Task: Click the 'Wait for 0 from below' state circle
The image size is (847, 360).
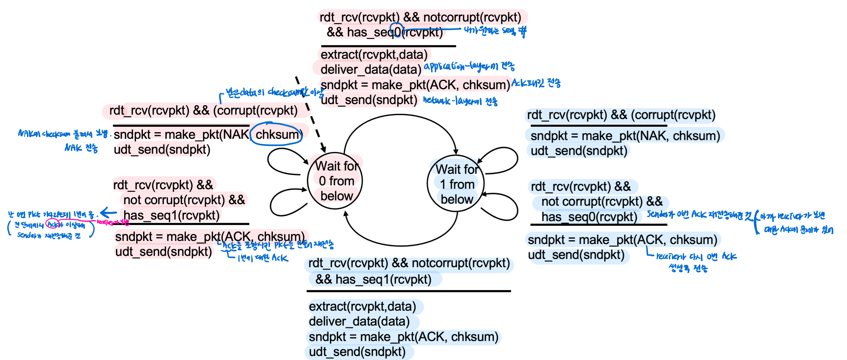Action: [x=335, y=181]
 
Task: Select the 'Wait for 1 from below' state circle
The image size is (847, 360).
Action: [x=456, y=185]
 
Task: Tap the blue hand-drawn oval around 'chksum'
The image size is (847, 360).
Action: [x=277, y=135]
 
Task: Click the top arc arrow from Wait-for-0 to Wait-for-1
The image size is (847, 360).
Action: [x=400, y=116]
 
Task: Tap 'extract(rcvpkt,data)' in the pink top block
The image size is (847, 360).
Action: [x=374, y=55]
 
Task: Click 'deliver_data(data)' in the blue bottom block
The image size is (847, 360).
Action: [x=359, y=321]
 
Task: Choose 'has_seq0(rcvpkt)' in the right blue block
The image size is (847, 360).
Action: [x=589, y=217]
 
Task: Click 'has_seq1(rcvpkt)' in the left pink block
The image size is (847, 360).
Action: [x=171, y=216]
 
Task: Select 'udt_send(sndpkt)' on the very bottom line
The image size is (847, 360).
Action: [x=357, y=352]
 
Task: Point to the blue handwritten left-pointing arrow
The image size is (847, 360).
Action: [x=108, y=213]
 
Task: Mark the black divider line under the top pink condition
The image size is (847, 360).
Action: [x=388, y=46]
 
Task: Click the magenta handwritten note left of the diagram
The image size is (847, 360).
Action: [x=113, y=222]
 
